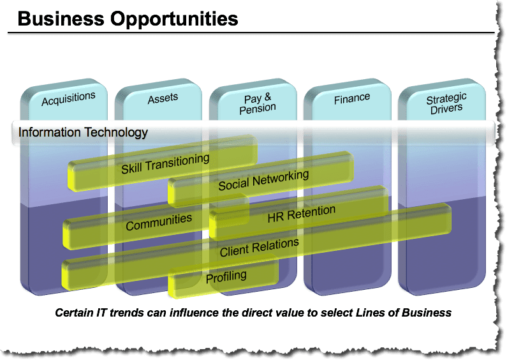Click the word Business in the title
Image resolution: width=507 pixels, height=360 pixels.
[x=61, y=19]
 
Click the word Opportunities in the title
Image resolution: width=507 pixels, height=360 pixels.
[x=174, y=19]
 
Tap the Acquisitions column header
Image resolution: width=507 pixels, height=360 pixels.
[x=68, y=98]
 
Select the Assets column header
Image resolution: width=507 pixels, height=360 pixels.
[x=163, y=98]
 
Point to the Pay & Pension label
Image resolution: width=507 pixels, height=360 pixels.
[x=258, y=104]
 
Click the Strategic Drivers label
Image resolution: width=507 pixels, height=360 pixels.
[x=446, y=103]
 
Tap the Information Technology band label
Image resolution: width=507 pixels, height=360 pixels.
[x=83, y=132]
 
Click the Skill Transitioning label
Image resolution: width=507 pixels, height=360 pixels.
[x=165, y=163]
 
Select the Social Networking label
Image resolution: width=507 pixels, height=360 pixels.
[x=263, y=180]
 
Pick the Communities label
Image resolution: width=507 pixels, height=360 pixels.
[x=159, y=221]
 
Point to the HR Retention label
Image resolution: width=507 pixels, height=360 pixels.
[x=302, y=214]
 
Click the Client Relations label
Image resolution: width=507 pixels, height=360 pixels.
[x=260, y=247]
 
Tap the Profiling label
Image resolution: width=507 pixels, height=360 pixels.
[x=226, y=276]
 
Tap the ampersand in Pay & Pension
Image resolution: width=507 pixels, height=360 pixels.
[x=268, y=97]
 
